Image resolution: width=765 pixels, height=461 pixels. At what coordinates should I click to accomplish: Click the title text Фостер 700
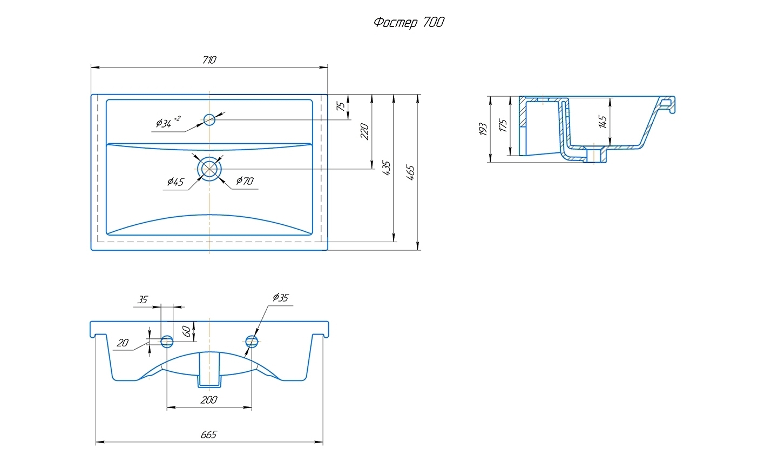[x=409, y=22]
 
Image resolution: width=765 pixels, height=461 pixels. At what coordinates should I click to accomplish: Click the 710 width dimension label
[x=209, y=60]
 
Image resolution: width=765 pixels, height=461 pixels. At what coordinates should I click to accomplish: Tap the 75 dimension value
[x=341, y=106]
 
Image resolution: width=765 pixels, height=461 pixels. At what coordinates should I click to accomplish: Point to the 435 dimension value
[x=387, y=168]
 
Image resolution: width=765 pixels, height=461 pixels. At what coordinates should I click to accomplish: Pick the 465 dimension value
[x=410, y=172]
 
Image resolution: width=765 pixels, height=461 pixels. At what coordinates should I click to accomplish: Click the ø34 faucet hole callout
[x=168, y=123]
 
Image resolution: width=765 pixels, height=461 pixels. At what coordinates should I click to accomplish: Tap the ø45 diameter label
[x=175, y=182]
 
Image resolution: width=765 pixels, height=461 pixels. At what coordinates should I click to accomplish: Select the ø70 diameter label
[x=244, y=181]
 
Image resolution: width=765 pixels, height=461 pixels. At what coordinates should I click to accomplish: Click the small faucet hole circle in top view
[x=209, y=119]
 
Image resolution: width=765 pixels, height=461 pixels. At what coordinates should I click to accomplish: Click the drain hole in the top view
[x=209, y=169]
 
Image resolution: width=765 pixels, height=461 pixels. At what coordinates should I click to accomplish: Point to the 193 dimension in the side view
[x=483, y=129]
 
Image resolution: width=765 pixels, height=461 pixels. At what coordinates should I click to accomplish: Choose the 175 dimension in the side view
[x=503, y=126]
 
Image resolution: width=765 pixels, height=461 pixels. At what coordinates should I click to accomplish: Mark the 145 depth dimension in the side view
[x=603, y=122]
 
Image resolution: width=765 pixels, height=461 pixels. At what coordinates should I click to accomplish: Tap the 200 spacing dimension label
[x=209, y=400]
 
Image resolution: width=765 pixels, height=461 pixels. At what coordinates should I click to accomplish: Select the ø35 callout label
[x=281, y=297]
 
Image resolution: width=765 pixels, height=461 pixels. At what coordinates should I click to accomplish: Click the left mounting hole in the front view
[x=167, y=341]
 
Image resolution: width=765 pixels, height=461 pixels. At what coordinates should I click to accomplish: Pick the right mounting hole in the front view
[x=251, y=341]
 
